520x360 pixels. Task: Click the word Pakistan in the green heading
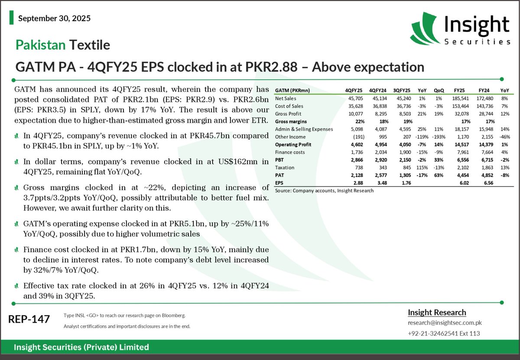tap(40, 45)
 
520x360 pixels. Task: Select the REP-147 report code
tap(29, 319)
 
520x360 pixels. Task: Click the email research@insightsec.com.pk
tap(445, 323)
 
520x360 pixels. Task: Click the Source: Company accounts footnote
tap(324, 190)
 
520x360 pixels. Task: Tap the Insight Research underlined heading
tap(437, 313)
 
